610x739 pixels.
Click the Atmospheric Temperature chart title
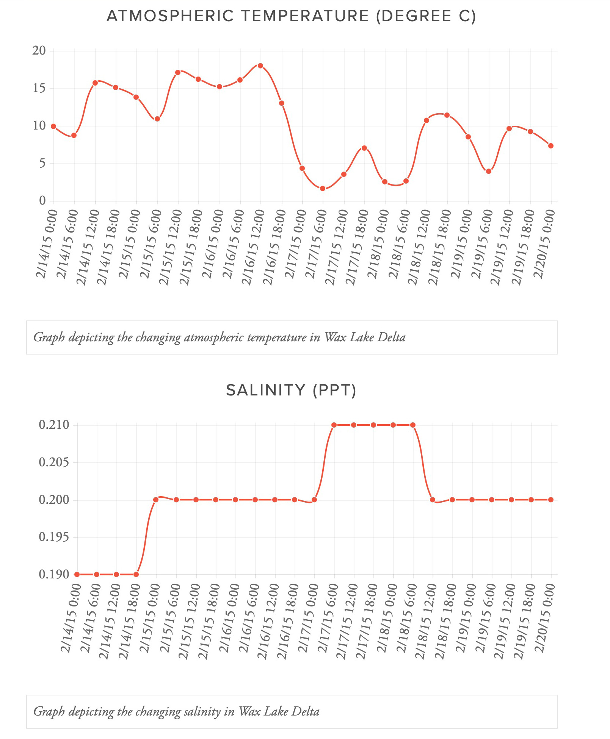click(291, 16)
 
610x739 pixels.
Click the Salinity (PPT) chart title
click(291, 390)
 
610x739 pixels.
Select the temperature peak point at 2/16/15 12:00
click(260, 66)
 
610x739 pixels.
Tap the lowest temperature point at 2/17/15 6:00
click(323, 188)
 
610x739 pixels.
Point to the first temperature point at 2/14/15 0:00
click(53, 126)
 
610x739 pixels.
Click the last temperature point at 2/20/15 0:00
click(551, 146)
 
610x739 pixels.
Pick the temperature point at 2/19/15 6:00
click(489, 171)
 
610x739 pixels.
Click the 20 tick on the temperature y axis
click(39, 50)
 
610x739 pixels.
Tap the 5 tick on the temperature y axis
click(42, 163)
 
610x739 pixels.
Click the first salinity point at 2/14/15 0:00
click(77, 574)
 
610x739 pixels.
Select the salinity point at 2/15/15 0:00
click(156, 500)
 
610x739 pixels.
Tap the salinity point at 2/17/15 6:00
click(334, 425)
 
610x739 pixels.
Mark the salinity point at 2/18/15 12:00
click(433, 500)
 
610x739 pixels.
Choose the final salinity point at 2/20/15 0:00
click(551, 500)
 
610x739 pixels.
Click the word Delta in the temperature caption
click(392, 337)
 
